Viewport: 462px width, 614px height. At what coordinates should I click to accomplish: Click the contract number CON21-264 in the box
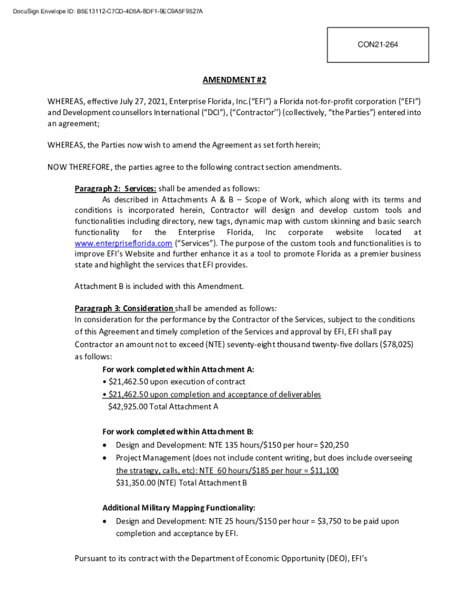[x=378, y=45]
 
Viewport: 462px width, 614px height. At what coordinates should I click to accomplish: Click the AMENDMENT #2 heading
[x=234, y=80]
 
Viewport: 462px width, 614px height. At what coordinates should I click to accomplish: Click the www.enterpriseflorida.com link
[x=123, y=243]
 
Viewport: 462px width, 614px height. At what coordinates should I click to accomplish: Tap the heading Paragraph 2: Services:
[x=115, y=189]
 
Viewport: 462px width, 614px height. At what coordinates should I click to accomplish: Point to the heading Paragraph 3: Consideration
[x=124, y=308]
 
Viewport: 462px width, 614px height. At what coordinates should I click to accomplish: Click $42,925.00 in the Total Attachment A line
[x=128, y=407]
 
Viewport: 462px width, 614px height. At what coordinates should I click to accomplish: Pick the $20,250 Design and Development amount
[x=334, y=445]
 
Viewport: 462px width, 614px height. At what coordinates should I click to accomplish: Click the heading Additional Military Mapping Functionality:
[x=179, y=507]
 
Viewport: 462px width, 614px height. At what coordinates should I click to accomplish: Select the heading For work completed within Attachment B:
[x=178, y=432]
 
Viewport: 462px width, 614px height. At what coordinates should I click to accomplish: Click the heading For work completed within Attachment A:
[x=178, y=369]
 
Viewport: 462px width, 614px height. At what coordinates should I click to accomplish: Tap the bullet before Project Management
[x=106, y=458]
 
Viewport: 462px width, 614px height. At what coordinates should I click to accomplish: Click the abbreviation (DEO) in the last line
[x=328, y=558]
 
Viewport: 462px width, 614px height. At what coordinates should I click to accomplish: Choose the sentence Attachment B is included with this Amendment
[x=159, y=286]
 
